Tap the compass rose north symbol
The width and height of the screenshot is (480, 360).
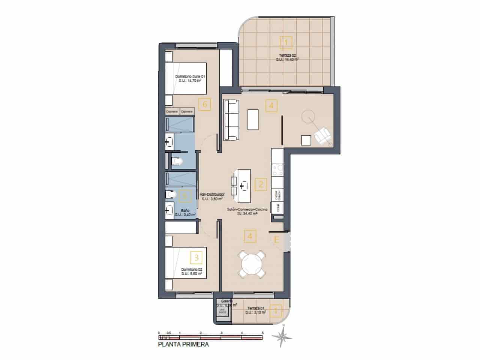point(284,335)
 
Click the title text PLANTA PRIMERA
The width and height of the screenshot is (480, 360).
point(183,345)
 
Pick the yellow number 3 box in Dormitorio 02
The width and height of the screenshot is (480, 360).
point(196,257)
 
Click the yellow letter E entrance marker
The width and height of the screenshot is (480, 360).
point(277,240)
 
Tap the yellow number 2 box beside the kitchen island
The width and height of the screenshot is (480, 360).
point(261,184)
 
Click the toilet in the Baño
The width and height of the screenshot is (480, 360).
point(171,194)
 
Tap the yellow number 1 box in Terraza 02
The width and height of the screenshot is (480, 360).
point(286,42)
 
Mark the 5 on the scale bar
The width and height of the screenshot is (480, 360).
point(263,333)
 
